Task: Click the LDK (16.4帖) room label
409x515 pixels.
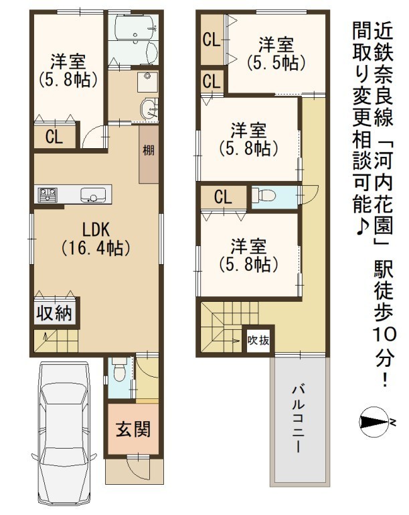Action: coord(96,239)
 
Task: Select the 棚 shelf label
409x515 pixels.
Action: coord(148,151)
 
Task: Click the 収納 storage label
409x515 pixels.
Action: coord(54,313)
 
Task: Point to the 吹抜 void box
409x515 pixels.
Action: coord(258,341)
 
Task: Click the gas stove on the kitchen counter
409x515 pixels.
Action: coord(48,194)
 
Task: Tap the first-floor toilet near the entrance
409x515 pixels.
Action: coord(119,371)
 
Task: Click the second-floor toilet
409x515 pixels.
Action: coord(264,196)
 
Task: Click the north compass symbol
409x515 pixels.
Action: coord(378,422)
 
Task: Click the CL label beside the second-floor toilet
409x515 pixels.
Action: coord(223,197)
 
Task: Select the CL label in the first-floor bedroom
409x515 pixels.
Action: coord(54,137)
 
